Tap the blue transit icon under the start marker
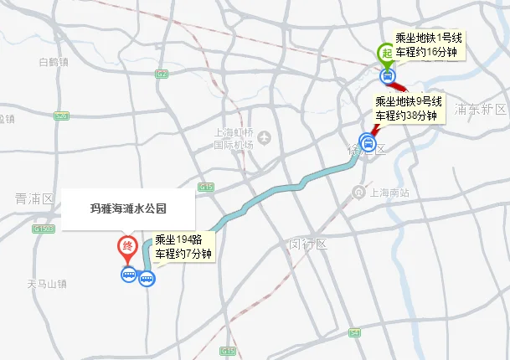387,76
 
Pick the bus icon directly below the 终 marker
128,275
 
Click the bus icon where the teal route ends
147,280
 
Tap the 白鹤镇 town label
53,62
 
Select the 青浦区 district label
34,198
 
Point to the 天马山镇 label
45,284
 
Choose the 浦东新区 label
481,110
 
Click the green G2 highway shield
160,74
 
